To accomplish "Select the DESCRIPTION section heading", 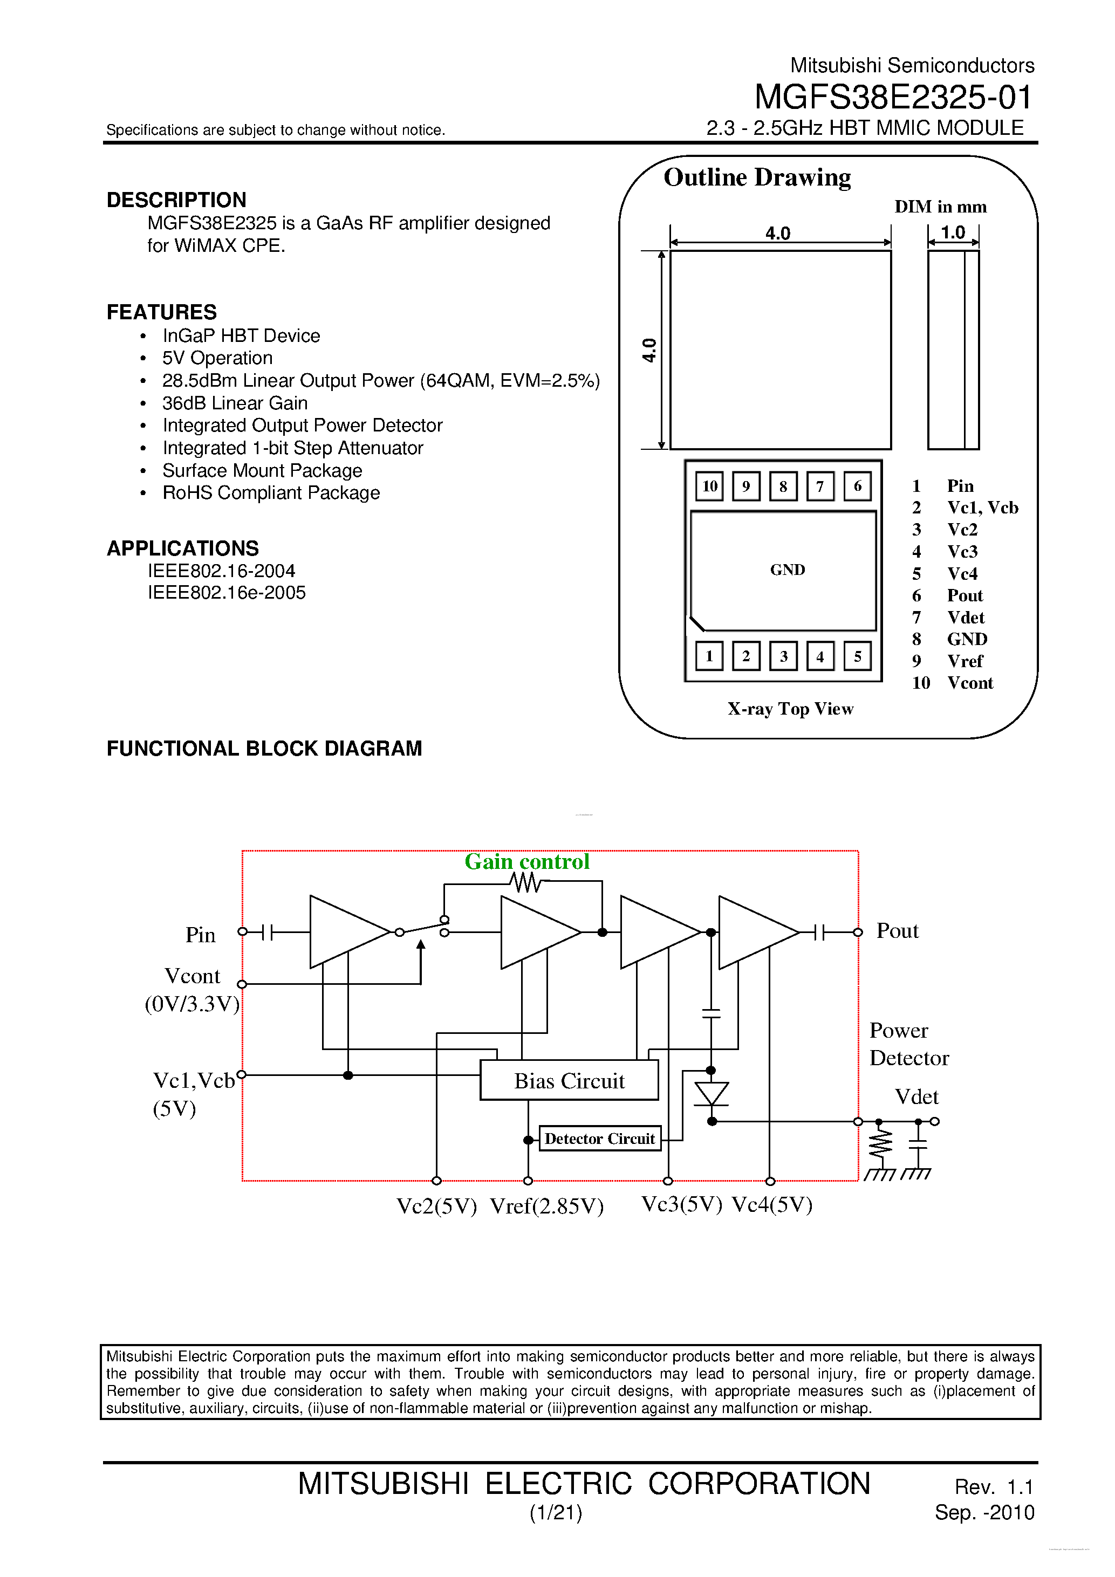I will point(176,200).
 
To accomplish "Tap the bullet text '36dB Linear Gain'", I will point(235,403).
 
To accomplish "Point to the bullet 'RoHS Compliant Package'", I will point(271,493).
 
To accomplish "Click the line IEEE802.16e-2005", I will point(227,593).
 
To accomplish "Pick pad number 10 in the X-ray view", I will point(709,486).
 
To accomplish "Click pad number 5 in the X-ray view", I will point(857,656).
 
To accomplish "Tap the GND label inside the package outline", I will point(788,570).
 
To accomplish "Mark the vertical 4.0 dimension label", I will point(649,350).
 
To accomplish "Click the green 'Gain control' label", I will point(527,861).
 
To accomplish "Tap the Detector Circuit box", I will point(600,1139).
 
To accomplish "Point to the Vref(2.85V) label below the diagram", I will point(547,1206).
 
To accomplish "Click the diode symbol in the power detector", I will point(711,1093).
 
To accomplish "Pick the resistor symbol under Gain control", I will point(525,882).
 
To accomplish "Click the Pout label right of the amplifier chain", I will point(897,931).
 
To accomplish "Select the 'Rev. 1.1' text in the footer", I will point(994,1487).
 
